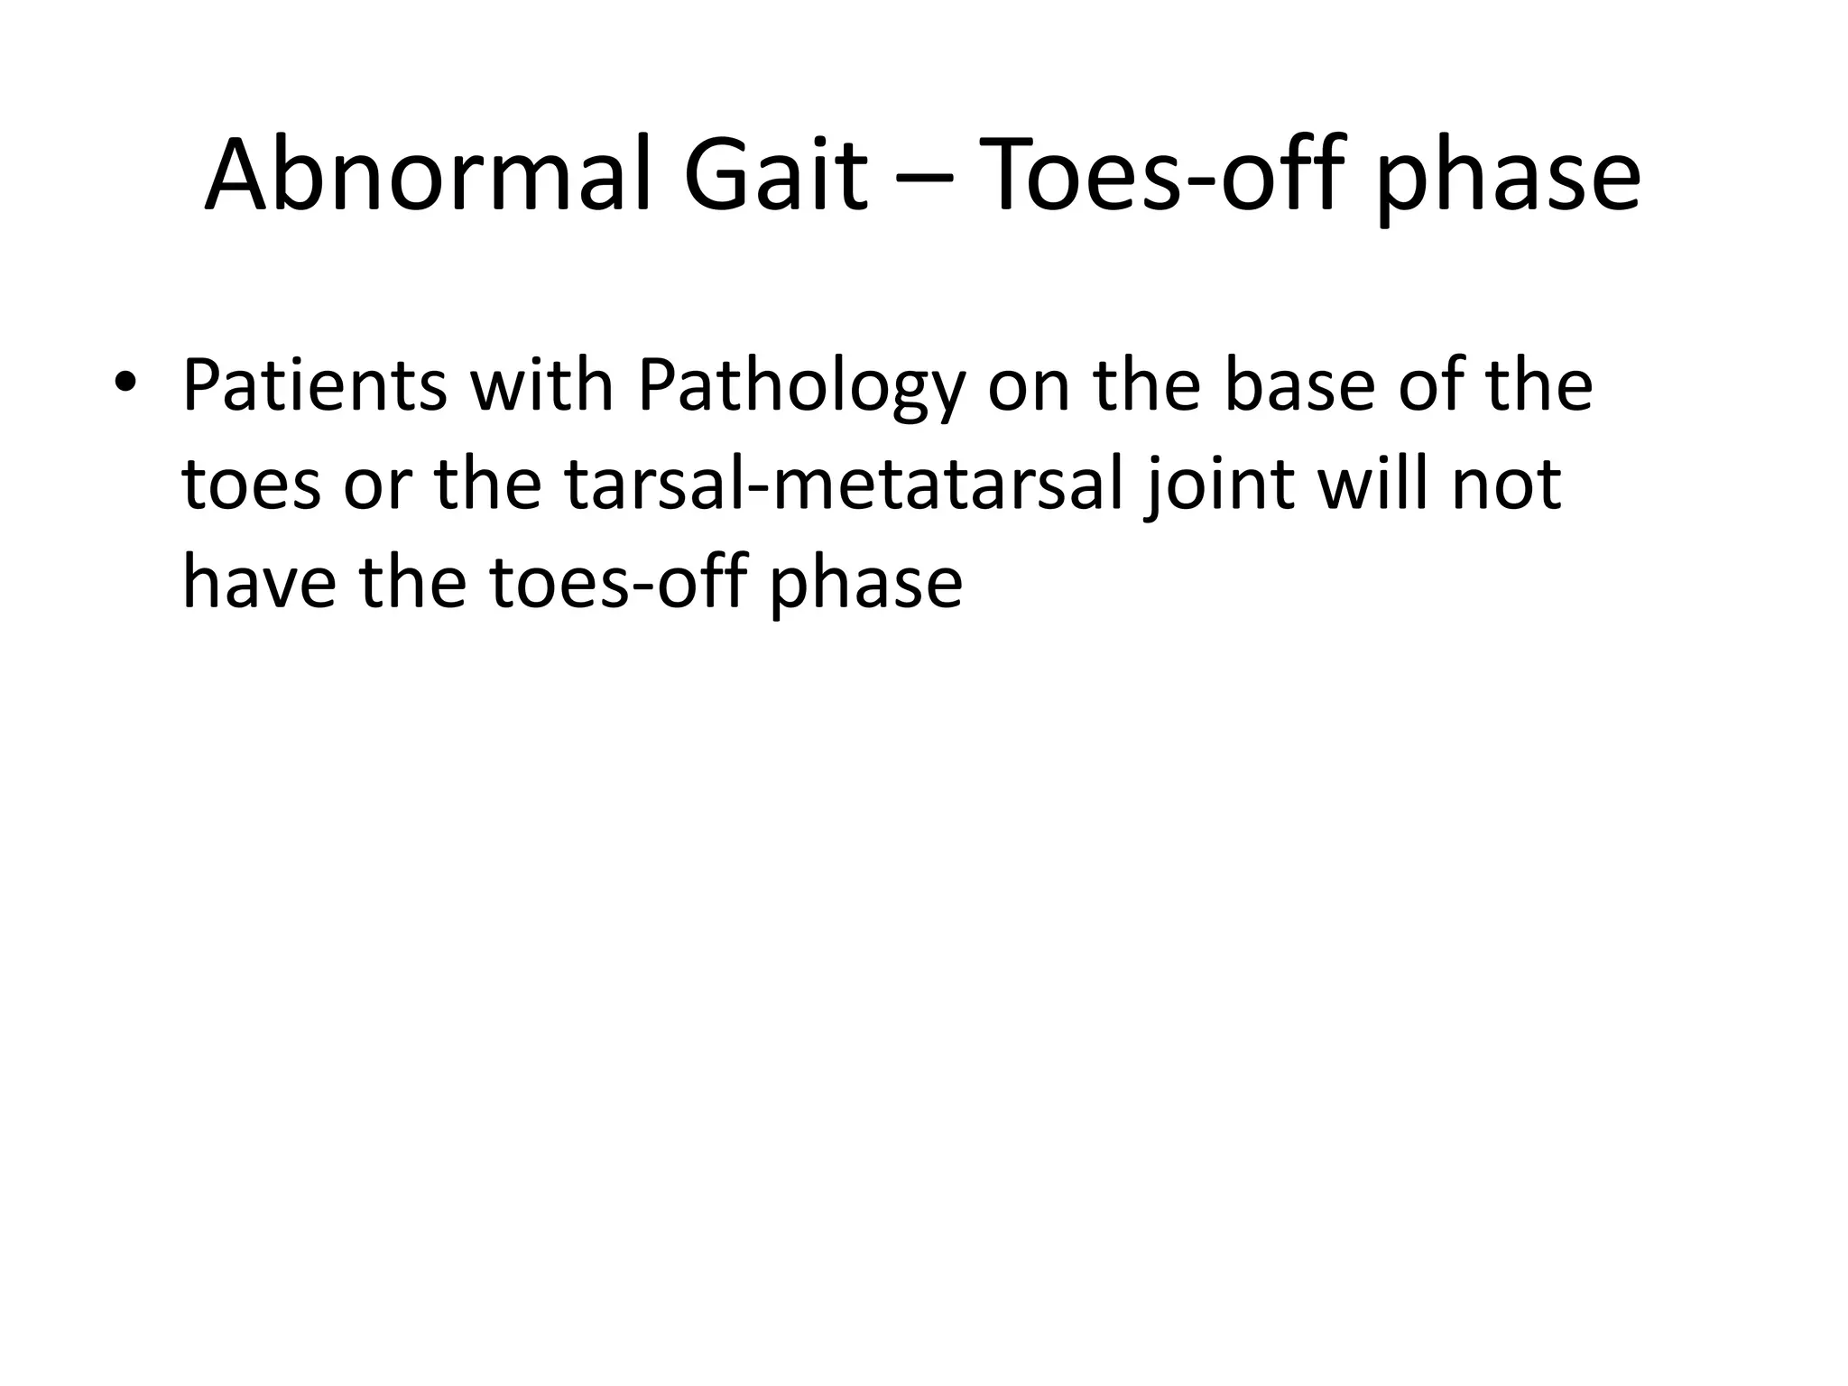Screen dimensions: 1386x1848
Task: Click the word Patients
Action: click(314, 385)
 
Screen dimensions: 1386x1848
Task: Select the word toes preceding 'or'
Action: click(251, 485)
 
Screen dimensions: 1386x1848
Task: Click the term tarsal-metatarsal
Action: click(843, 485)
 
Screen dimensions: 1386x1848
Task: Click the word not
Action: click(1507, 485)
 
